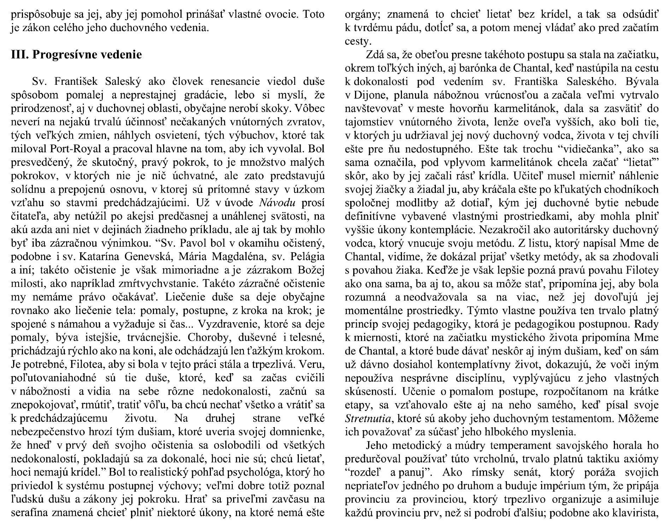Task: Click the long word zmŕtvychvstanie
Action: [x=138, y=283]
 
